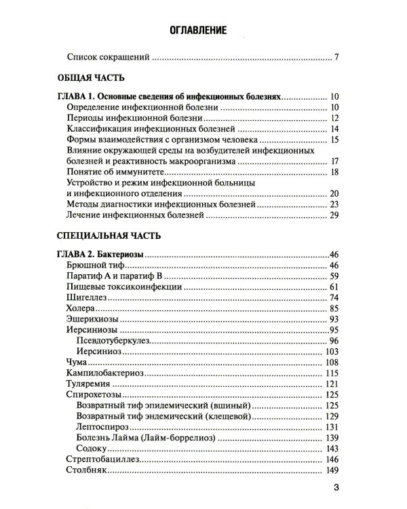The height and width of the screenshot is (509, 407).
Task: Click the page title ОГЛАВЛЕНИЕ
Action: tap(203, 30)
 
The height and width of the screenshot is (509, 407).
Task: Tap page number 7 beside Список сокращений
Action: tap(336, 58)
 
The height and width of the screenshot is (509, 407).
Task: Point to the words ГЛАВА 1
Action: tap(75, 96)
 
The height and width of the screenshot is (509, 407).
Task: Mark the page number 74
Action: tap(333, 298)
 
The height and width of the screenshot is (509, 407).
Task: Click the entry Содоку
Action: tap(94, 450)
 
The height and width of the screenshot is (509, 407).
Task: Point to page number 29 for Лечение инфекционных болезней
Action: tap(333, 216)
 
